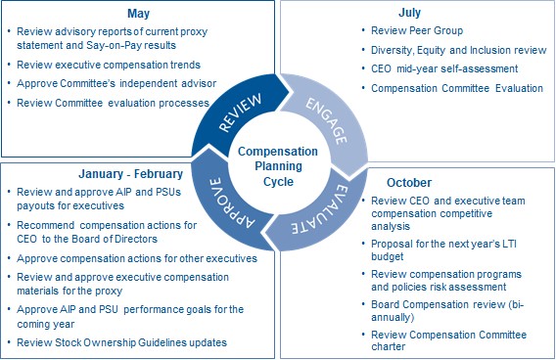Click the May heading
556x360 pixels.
tap(138, 14)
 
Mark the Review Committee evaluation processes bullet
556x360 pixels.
tap(114, 103)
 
